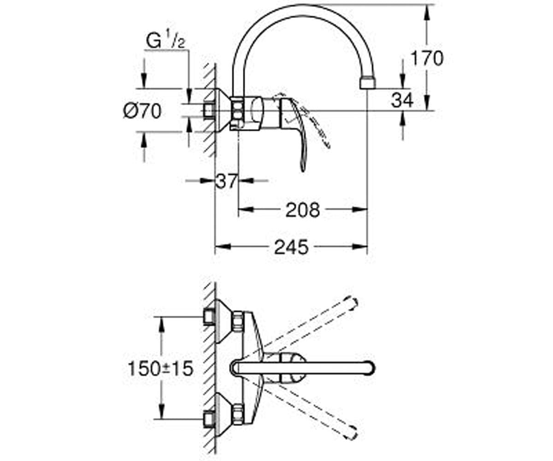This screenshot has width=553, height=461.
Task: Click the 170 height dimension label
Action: tap(427, 58)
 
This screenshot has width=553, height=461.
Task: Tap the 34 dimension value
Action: tap(402, 100)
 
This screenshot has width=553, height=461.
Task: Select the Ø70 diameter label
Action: tap(142, 111)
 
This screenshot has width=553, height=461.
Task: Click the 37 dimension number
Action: tap(226, 181)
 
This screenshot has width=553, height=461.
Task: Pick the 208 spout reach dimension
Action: tap(303, 210)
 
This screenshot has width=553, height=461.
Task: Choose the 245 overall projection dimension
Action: tap(291, 247)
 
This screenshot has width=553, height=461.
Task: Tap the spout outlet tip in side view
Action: tap(368, 83)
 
